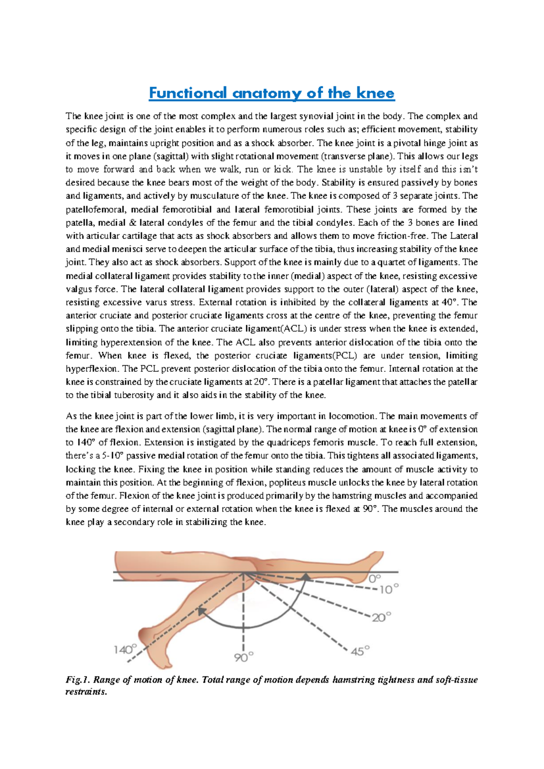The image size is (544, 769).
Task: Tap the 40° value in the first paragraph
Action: (450, 302)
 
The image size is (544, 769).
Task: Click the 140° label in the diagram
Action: (125, 649)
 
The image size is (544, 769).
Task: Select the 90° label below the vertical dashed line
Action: (244, 657)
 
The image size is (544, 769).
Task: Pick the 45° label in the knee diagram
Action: (360, 651)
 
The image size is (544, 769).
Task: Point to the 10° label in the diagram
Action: (389, 589)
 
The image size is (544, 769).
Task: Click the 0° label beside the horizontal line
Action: (375, 578)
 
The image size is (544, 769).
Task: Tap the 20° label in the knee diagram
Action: (381, 617)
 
